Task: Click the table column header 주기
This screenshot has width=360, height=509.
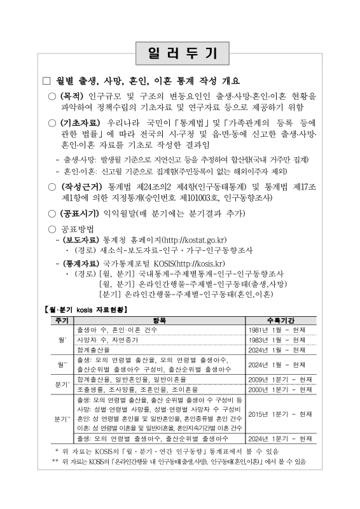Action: [62, 320]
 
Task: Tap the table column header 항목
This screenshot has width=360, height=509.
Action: [160, 320]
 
